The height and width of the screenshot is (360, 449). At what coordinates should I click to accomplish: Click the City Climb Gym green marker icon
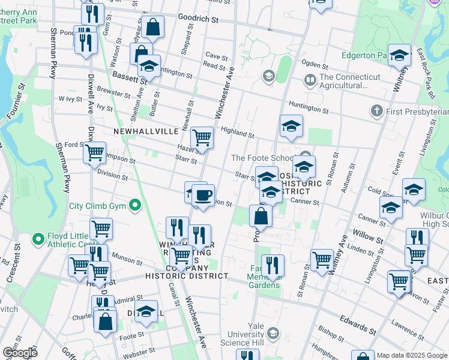(136, 206)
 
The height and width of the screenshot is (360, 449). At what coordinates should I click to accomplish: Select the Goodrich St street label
(198, 19)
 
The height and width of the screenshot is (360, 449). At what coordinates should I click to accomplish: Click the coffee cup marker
(203, 194)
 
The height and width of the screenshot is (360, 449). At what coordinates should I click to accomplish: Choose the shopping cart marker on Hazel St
(202, 138)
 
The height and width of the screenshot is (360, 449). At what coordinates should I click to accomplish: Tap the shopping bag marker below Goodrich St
(153, 27)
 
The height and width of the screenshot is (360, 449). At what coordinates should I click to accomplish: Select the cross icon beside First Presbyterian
(376, 111)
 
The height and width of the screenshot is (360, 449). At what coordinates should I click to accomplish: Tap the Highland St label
(238, 132)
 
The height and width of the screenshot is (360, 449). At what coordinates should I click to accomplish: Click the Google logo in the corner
(19, 353)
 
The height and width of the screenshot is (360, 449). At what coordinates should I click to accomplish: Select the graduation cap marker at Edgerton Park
(398, 56)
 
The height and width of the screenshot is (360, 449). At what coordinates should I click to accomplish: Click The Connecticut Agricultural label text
(350, 81)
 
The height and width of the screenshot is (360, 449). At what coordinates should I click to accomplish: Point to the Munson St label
(122, 257)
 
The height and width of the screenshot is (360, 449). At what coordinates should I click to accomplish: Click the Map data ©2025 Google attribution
(411, 355)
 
